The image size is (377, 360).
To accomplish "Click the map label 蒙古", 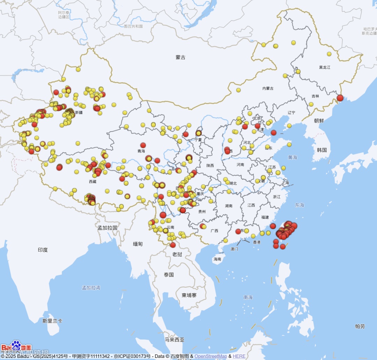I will click(x=180, y=58).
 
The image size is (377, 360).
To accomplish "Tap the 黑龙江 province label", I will click(x=324, y=67).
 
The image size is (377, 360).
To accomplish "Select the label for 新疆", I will click(x=79, y=112).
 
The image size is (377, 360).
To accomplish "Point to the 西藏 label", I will click(x=93, y=181).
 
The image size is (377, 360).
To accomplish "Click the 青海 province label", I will click(x=141, y=151).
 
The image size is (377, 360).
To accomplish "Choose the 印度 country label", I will click(x=43, y=250).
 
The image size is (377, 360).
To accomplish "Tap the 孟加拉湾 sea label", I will click(x=91, y=288).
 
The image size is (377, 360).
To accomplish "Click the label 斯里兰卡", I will click(x=52, y=321).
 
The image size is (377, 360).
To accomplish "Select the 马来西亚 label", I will click(x=175, y=339).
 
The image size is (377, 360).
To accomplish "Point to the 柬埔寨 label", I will click(x=189, y=295).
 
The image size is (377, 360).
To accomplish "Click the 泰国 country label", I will click(x=169, y=275).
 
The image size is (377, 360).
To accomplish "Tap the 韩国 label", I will click(x=322, y=150).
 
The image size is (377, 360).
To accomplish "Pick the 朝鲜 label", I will click(x=319, y=121).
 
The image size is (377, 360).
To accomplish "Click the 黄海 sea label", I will click(x=293, y=157).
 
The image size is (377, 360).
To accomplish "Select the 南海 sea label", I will click(x=248, y=298).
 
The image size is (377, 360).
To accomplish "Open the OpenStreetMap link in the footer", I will click(x=210, y=356).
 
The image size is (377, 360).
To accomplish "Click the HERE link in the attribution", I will click(x=239, y=356).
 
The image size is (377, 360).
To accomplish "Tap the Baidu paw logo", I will click(x=16, y=346).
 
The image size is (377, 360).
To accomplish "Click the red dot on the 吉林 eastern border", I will click(x=340, y=98).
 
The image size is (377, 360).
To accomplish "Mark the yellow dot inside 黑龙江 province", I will click(x=329, y=54).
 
